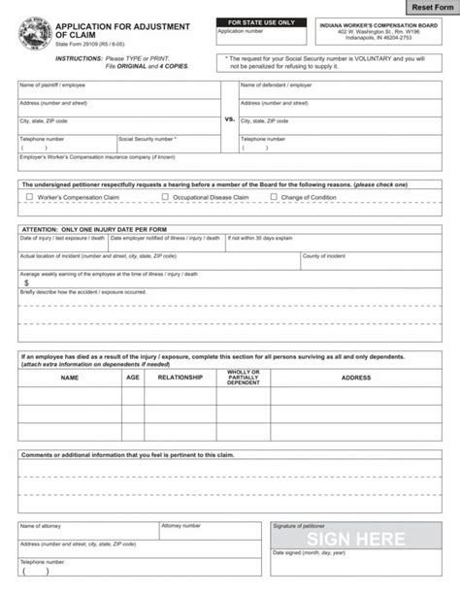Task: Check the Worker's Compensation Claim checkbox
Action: (x=29, y=197)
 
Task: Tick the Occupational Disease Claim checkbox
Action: (x=165, y=197)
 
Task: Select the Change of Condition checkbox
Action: (x=274, y=197)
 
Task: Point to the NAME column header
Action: (x=70, y=378)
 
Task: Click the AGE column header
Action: (x=132, y=378)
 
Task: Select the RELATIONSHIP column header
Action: (x=181, y=378)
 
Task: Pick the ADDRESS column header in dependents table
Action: (x=355, y=378)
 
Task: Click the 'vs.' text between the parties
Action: (x=230, y=120)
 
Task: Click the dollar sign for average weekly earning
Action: (x=26, y=282)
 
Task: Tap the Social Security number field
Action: (x=167, y=148)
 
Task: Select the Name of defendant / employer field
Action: (x=340, y=91)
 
